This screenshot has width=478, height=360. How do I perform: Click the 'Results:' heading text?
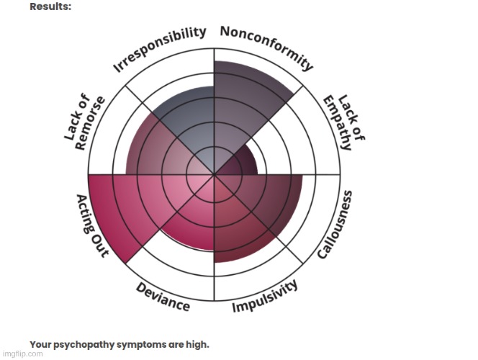[50, 6]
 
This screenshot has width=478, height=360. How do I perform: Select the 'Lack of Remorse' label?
[85, 122]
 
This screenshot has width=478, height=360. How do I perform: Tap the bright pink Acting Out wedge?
[119, 209]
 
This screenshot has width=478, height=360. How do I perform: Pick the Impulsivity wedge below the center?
[238, 230]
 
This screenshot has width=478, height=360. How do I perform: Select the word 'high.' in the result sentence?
[197, 343]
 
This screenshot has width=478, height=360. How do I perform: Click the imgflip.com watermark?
[21, 354]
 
